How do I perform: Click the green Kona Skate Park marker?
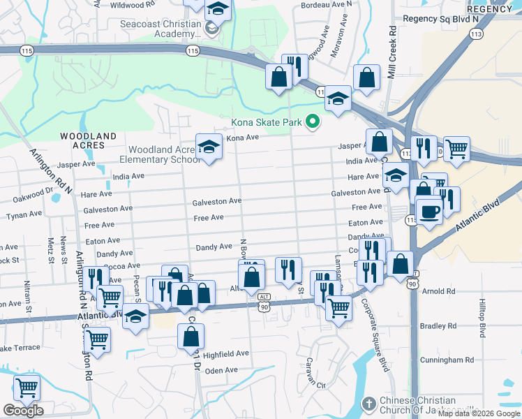click(x=313, y=122)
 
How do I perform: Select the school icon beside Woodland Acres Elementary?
click(x=209, y=147)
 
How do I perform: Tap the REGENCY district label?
click(x=489, y=9)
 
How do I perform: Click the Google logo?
click(x=23, y=411)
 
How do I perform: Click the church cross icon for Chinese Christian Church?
click(x=369, y=404)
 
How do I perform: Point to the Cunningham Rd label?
click(x=452, y=360)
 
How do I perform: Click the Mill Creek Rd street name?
click(x=392, y=53)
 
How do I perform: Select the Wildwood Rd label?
click(x=121, y=5)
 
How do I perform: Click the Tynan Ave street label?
click(x=20, y=216)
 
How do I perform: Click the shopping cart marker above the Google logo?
click(x=27, y=388)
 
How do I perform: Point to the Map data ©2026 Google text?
click(x=479, y=413)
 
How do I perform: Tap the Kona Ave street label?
click(x=242, y=138)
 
